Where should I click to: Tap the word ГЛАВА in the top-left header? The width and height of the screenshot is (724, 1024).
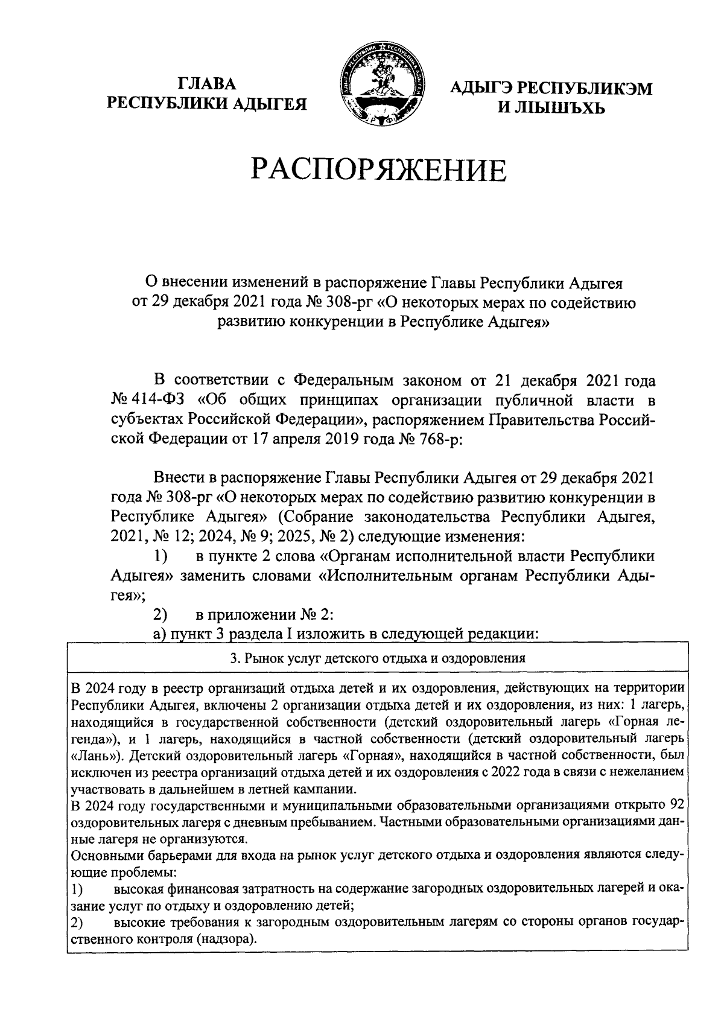[207, 84]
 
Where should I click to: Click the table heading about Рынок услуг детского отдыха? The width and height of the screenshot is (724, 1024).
[378, 658]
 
